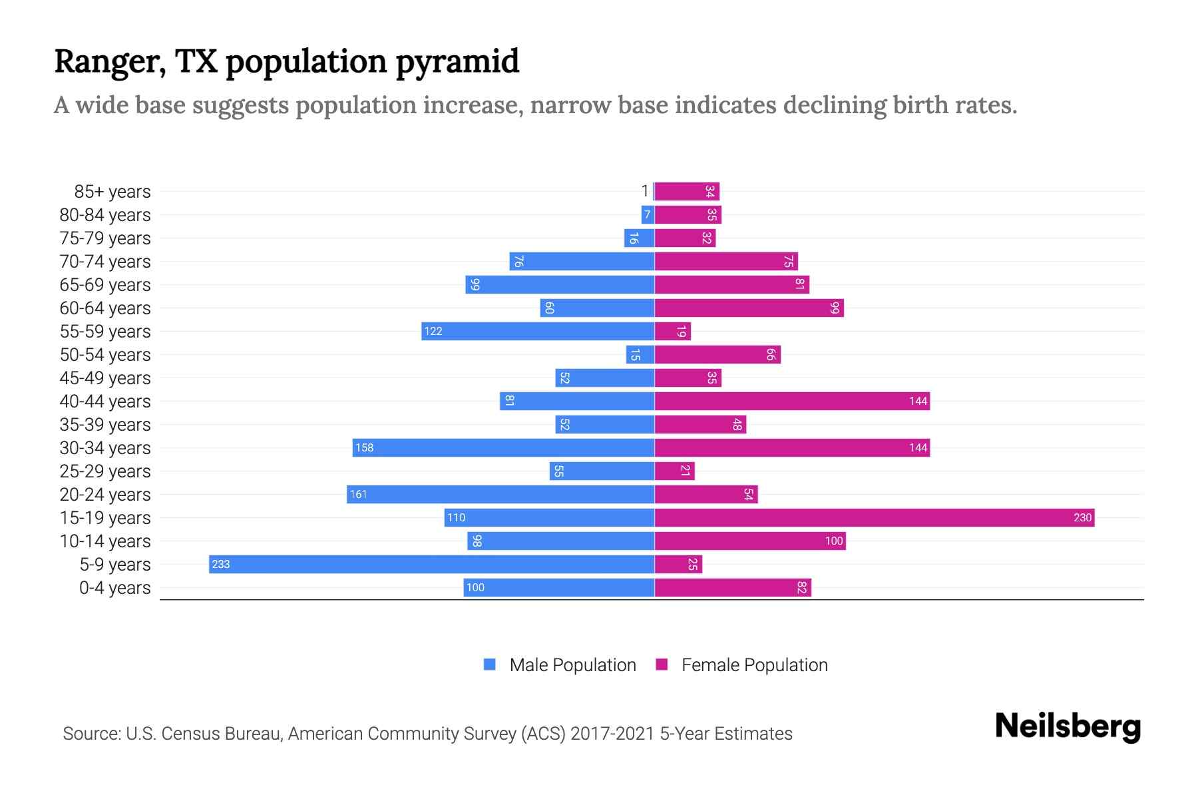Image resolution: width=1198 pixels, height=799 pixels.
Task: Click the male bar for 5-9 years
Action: [x=431, y=564]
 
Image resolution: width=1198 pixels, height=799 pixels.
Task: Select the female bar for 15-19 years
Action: [x=874, y=517]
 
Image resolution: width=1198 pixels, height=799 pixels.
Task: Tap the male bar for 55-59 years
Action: [x=538, y=331]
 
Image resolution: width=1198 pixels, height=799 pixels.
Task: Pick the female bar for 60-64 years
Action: [x=749, y=308]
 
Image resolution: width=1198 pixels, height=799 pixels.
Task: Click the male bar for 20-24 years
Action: [x=500, y=494]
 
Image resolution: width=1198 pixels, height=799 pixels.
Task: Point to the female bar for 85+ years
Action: [x=687, y=191]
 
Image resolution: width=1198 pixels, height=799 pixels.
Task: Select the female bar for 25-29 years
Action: [x=674, y=471]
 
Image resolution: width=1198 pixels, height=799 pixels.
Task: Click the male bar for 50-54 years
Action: [x=640, y=354]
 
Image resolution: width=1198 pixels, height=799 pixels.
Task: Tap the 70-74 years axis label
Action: [x=105, y=262]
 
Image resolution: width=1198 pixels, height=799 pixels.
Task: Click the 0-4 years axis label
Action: [x=114, y=588]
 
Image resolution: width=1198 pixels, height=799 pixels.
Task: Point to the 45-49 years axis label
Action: [x=105, y=378]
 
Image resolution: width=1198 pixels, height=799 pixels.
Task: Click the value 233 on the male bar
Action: [x=220, y=565]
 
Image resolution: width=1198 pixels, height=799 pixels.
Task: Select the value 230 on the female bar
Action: [x=1082, y=518]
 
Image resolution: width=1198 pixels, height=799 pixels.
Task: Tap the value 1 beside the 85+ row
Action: [x=644, y=191]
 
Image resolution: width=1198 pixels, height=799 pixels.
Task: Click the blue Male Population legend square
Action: [x=490, y=665]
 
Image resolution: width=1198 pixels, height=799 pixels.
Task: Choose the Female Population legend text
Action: [x=754, y=665]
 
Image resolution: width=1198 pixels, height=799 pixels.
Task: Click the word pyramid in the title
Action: [x=457, y=62]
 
